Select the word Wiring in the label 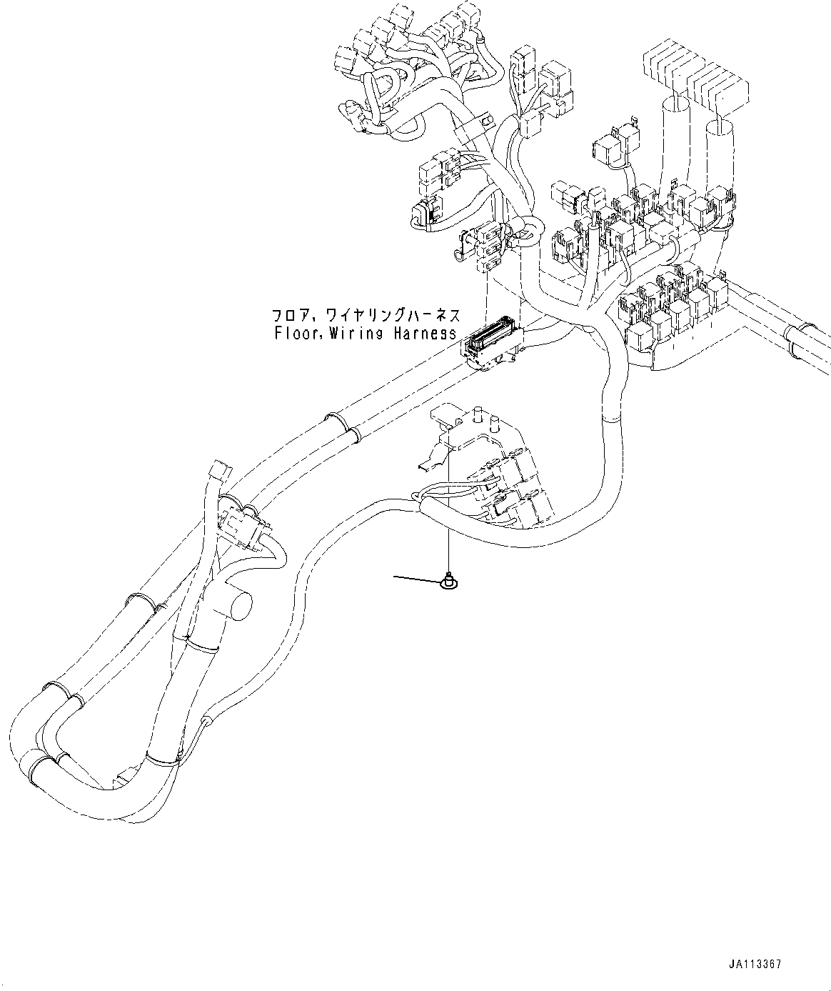point(358,333)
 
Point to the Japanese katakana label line point(365,315)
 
